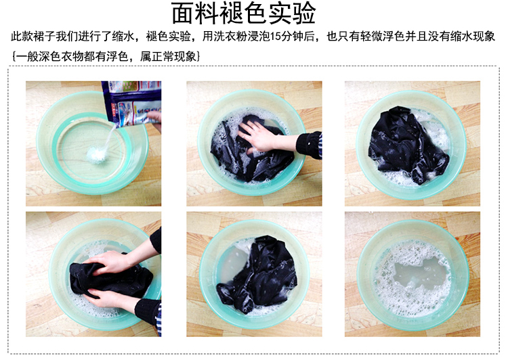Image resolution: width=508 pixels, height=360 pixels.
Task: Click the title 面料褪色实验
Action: click(x=243, y=13)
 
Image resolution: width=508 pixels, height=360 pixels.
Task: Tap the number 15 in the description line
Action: click(x=275, y=37)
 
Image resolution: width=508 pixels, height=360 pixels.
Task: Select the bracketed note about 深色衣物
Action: click(x=106, y=57)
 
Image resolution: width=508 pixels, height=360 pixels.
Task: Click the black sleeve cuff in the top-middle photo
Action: click(x=309, y=145)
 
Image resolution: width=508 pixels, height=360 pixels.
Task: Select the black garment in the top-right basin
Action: click(x=406, y=144)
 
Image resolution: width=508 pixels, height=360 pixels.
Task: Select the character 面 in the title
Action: click(x=183, y=13)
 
